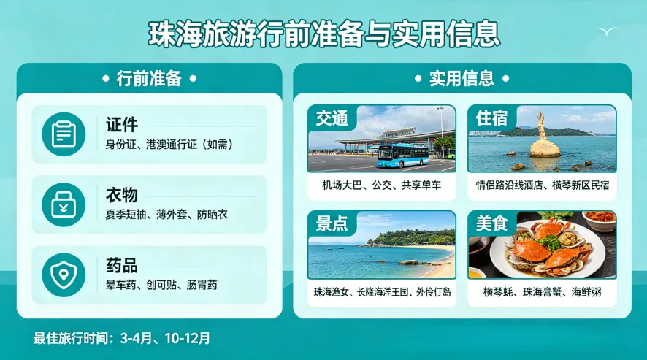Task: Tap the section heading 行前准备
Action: pos(149,79)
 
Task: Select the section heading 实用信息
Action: pos(462,79)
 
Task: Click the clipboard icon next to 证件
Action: pos(64,134)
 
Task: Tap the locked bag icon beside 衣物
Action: pos(64,204)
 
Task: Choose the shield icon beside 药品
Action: pos(64,274)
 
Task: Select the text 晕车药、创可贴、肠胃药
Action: pos(161,285)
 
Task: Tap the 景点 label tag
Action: pos(332,223)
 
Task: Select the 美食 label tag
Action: pos(491,223)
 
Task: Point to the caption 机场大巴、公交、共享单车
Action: pos(382,185)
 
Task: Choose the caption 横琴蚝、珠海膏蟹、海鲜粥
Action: pos(542,292)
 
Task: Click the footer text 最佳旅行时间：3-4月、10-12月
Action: pos(122,338)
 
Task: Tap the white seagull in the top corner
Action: pos(606,31)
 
